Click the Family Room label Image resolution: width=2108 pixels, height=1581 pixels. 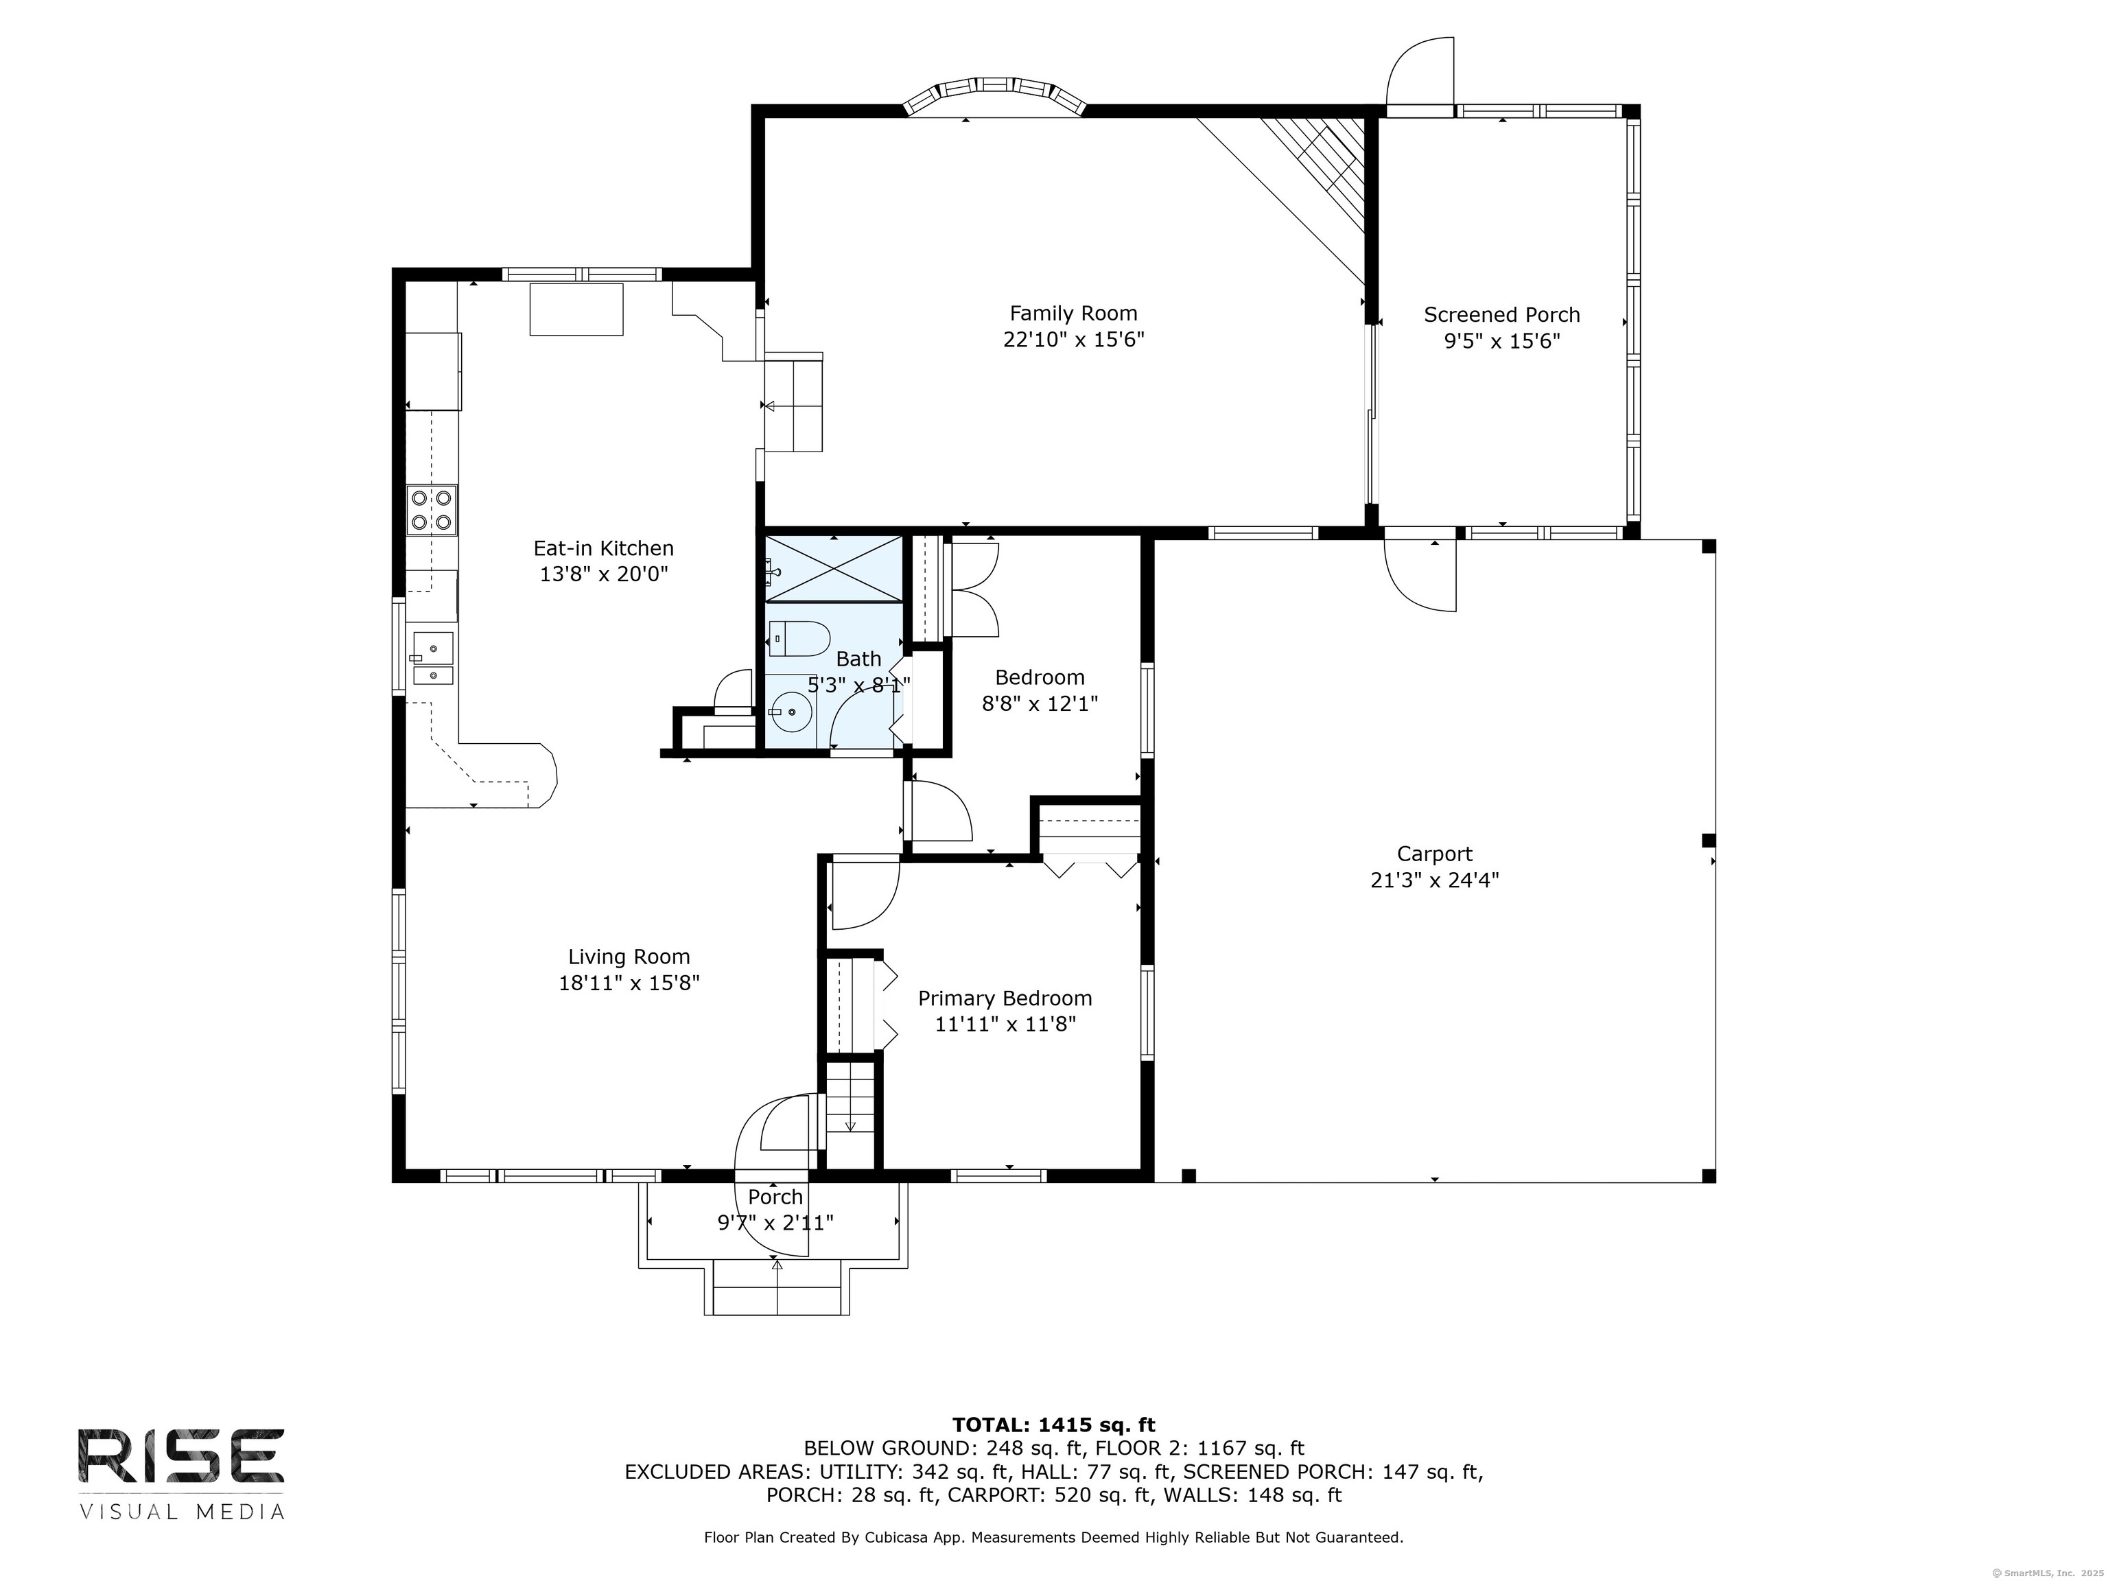(1073, 314)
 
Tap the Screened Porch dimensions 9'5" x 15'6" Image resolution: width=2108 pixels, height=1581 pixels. (1502, 341)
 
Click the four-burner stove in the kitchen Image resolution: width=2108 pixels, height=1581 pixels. (431, 510)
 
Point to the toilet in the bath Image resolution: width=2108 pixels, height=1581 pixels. (799, 638)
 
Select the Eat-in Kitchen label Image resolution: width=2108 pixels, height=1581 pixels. (603, 549)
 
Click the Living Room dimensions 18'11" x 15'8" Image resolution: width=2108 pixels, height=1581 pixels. (629, 983)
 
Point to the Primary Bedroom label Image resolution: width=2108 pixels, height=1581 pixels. (1005, 998)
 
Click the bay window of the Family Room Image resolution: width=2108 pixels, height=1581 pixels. (994, 99)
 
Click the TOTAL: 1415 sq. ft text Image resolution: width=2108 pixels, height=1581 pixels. (1053, 1425)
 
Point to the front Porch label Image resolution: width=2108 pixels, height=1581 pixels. (775, 1197)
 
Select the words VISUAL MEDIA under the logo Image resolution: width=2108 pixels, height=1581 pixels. (182, 1512)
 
